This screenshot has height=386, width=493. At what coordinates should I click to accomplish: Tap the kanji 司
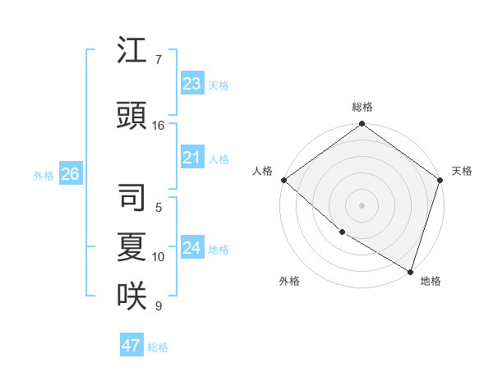point(131,197)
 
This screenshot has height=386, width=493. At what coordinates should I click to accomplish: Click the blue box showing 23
point(192,84)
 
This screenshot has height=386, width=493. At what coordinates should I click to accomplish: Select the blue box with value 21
point(192,158)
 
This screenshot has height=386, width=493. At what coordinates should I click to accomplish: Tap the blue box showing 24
point(192,248)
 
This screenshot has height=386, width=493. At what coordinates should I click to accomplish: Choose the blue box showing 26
point(70,174)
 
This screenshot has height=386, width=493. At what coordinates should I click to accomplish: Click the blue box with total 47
point(131,346)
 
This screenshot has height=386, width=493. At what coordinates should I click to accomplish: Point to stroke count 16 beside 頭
point(159,126)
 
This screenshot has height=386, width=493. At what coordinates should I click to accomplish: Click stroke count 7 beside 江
point(158,60)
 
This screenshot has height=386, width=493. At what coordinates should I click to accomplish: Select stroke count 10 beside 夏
point(159,257)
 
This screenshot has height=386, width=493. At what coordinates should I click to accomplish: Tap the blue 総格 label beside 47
point(158,347)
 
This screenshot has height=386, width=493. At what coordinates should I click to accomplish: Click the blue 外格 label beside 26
point(44,176)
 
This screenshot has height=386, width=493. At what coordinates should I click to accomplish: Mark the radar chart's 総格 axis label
point(362,107)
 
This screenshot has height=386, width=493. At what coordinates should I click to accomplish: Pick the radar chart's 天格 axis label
point(462,171)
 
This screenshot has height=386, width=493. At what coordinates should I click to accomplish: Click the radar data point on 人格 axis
point(283,180)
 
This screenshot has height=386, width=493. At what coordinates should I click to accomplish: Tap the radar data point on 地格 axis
point(409,270)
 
